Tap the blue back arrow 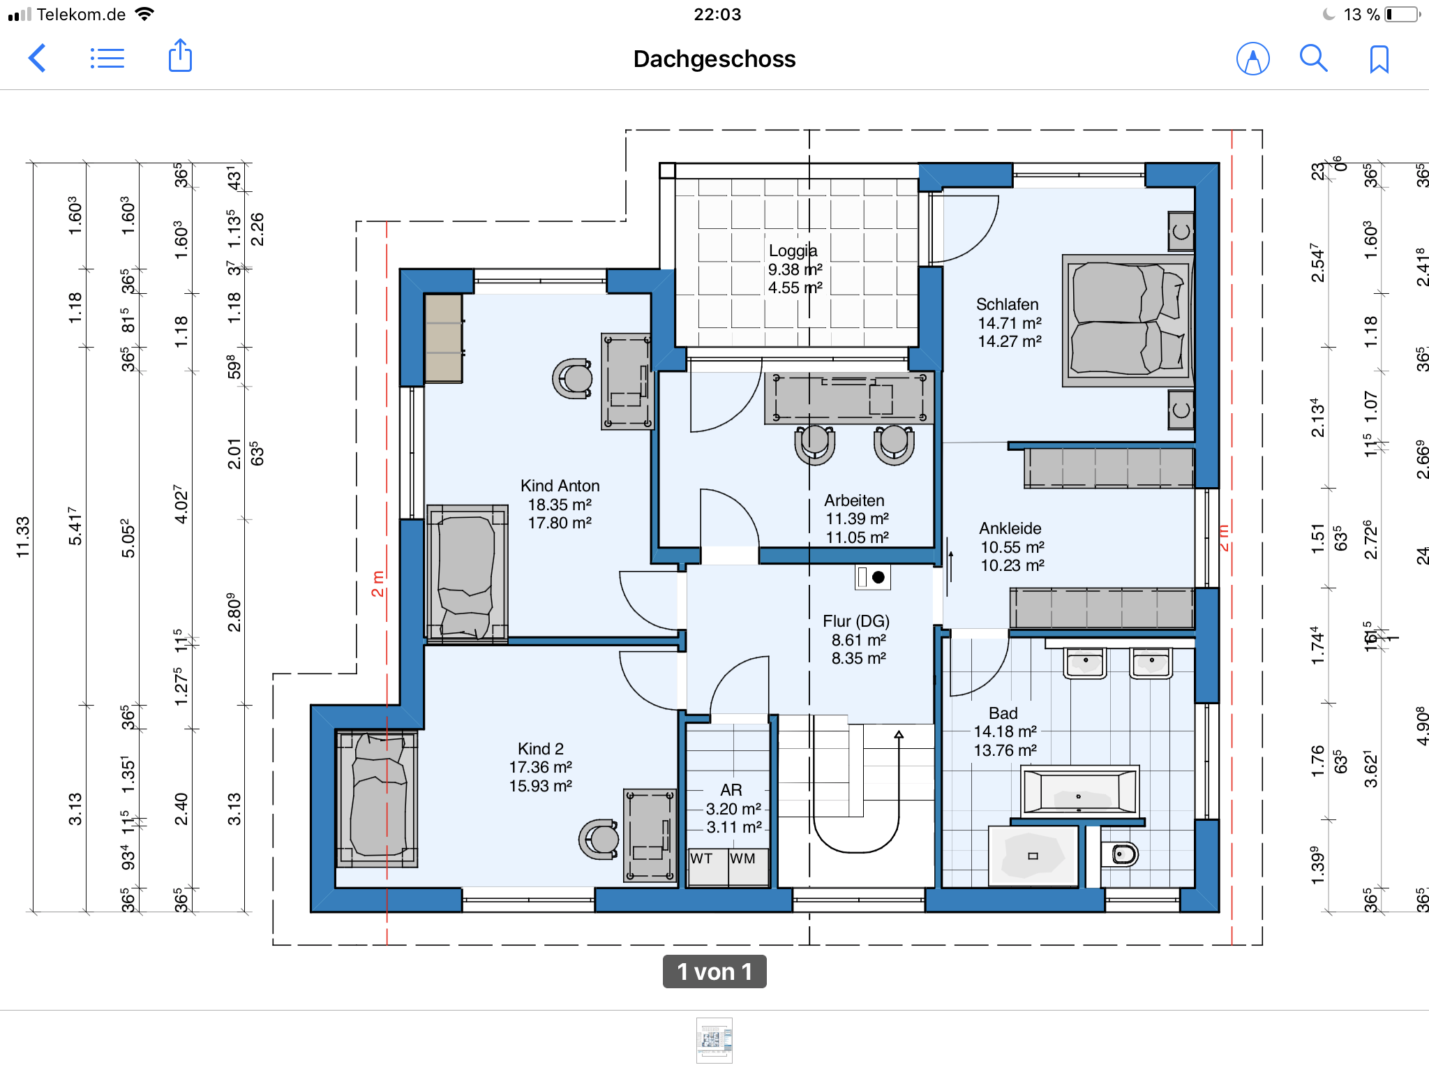click(37, 58)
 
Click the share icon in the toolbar click(180, 56)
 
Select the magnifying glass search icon click(1313, 59)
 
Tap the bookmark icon click(1379, 59)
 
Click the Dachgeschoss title click(714, 59)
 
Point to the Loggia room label click(793, 251)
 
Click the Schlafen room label click(1007, 304)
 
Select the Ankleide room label click(1010, 528)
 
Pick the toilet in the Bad click(1121, 854)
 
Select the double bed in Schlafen click(1128, 320)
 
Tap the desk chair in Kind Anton click(573, 378)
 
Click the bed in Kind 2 click(377, 798)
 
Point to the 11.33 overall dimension click(23, 537)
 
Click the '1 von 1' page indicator click(714, 971)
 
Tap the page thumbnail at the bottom click(714, 1040)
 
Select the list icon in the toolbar click(107, 59)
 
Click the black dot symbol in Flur click(878, 577)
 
